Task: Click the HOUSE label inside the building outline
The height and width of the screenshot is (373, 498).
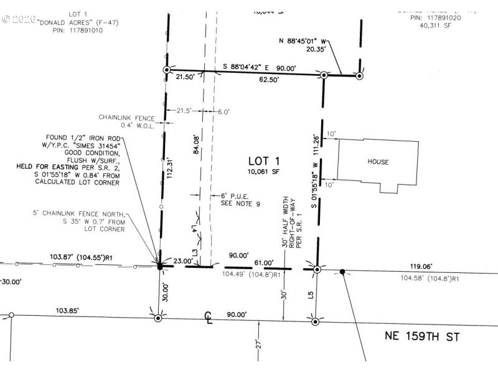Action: [x=378, y=162]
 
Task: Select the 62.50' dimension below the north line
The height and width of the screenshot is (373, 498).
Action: [x=269, y=80]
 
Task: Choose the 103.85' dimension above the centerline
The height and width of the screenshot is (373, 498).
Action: [x=68, y=310]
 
